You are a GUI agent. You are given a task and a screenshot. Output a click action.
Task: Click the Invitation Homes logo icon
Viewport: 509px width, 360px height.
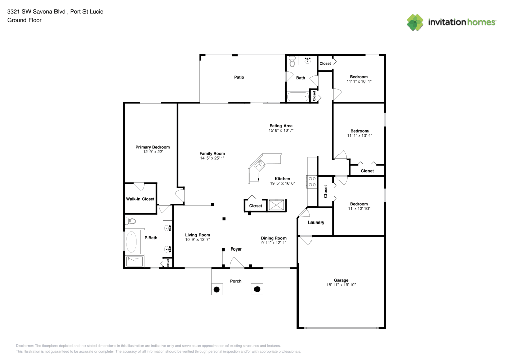pos(415,22)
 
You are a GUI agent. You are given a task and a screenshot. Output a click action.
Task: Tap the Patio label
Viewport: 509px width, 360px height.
pos(239,77)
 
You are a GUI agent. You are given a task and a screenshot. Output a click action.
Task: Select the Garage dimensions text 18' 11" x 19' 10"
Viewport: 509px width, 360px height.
pos(341,285)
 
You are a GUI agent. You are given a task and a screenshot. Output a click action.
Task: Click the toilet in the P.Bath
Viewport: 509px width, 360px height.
pos(131,221)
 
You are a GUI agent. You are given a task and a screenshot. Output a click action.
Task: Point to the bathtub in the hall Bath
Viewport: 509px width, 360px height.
pos(298,96)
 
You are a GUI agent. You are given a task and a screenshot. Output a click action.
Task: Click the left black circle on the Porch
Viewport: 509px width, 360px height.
pos(216,290)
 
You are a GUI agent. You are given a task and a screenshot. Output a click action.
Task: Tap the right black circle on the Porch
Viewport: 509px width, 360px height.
pos(257,290)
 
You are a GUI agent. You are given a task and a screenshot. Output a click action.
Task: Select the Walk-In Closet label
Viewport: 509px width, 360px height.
pos(140,199)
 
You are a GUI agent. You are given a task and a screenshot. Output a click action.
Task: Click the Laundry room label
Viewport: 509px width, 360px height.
pos(316,223)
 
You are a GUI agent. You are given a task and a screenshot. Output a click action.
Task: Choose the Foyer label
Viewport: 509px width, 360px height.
pos(236,249)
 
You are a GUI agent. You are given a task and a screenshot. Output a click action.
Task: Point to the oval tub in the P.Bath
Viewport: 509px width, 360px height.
pos(131,242)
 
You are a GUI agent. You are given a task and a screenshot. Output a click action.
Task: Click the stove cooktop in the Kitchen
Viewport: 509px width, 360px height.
pos(312,182)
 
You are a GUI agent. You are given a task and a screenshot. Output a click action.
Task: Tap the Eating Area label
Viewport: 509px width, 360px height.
pos(281,126)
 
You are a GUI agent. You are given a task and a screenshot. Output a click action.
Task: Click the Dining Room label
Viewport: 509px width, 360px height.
pos(273,238)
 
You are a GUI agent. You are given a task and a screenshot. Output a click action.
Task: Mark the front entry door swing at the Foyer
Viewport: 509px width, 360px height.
pos(236,263)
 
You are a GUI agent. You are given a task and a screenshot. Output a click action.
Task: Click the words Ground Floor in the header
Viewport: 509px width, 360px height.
pos(24,20)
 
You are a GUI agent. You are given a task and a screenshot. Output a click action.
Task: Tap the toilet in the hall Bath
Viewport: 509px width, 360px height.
pos(292,63)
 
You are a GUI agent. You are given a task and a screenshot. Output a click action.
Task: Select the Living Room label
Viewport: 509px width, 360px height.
pos(197,235)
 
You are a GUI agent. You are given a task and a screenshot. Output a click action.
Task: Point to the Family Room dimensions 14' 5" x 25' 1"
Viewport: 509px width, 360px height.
pos(212,158)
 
